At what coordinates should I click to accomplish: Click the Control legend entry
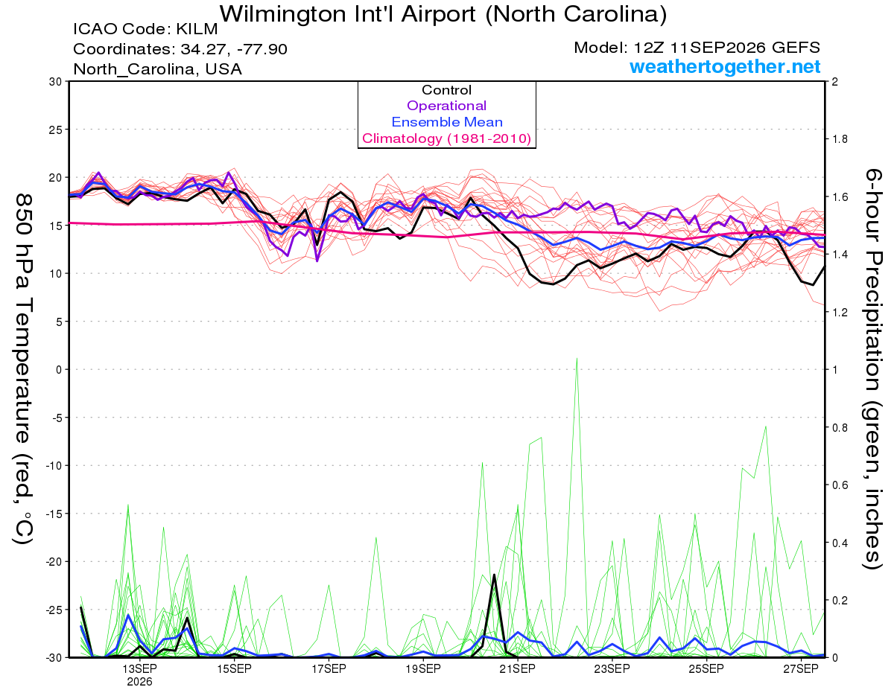446,89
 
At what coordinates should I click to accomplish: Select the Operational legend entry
446,106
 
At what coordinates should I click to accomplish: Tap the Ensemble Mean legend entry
447,122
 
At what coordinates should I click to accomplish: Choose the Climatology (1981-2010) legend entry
446,138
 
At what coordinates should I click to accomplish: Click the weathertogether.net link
724,66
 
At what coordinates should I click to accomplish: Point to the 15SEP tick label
234,669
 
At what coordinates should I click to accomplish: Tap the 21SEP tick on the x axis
518,669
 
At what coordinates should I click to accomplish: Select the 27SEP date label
801,669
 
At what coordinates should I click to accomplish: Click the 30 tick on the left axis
55,82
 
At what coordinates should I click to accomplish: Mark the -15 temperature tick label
53,514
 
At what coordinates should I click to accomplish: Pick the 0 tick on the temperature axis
59,370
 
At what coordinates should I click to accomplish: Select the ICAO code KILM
197,29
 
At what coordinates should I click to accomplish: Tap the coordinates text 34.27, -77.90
234,49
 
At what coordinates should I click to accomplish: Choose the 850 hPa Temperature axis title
24,370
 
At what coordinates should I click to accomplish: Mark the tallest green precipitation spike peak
577,358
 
